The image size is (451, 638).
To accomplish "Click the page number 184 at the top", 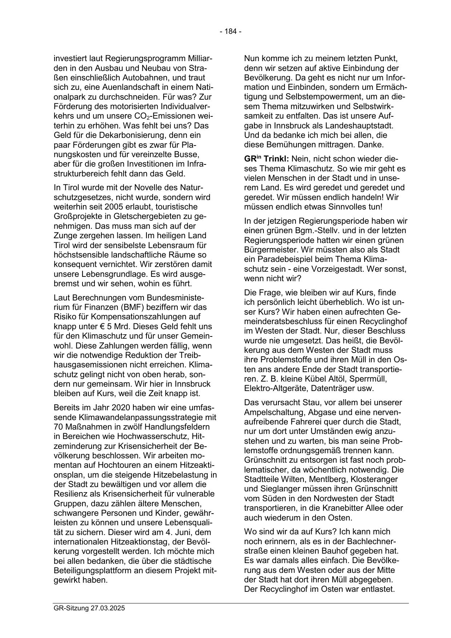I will tap(230, 32).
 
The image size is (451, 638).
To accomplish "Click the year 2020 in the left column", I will tap(112, 408).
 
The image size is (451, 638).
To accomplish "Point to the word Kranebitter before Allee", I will tap(344, 508).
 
